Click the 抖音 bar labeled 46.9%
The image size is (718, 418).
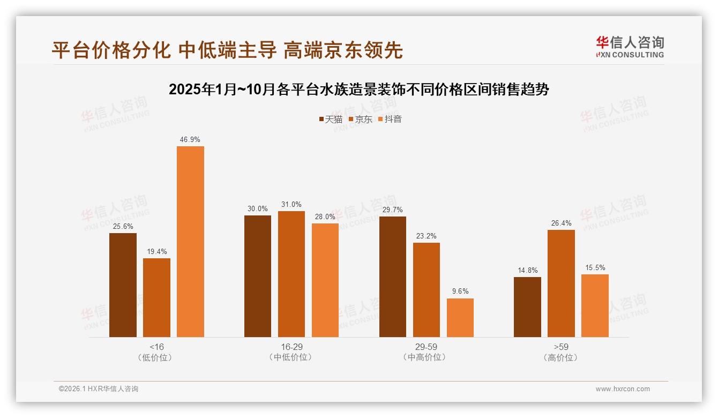(190, 241)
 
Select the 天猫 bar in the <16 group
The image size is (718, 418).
(123, 285)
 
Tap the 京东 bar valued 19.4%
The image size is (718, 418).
(156, 297)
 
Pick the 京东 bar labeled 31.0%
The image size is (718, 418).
(291, 274)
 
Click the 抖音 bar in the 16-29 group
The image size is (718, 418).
(325, 280)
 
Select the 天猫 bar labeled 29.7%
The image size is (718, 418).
(392, 277)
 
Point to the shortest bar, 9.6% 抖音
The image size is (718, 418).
(460, 317)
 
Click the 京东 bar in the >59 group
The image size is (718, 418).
(561, 283)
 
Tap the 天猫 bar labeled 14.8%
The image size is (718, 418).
(527, 307)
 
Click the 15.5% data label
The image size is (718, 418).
(595, 267)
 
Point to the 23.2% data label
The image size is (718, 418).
(426, 236)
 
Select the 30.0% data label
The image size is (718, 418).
(257, 208)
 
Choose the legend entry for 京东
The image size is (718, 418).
(361, 120)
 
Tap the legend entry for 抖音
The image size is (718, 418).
(390, 120)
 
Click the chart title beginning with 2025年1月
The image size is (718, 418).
(358, 89)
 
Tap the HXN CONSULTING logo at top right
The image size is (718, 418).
(630, 47)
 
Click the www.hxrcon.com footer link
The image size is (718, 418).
(622, 389)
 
